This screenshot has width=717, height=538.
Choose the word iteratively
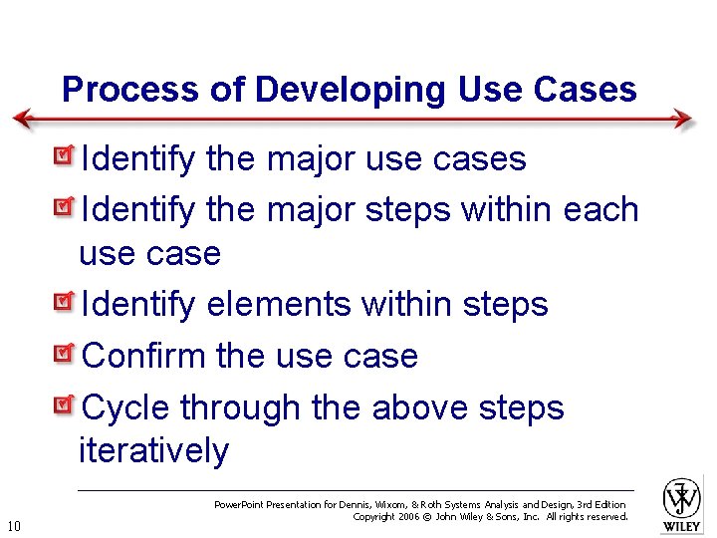pyautogui.click(x=153, y=451)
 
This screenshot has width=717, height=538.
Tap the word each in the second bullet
pyautogui.click(x=600, y=210)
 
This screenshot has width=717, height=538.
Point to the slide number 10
pyautogui.click(x=14, y=526)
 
